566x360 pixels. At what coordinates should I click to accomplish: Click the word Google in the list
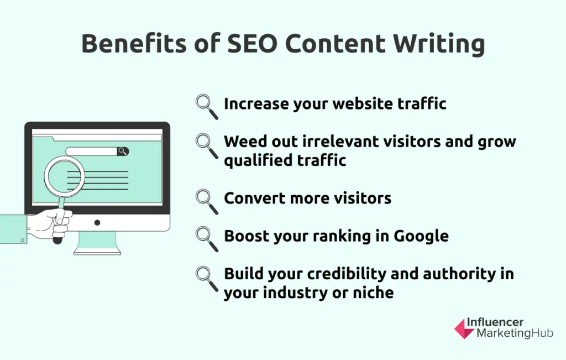[x=421, y=236]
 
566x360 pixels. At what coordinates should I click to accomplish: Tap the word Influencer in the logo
[x=495, y=322]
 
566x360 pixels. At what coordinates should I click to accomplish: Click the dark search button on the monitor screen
[x=122, y=151]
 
